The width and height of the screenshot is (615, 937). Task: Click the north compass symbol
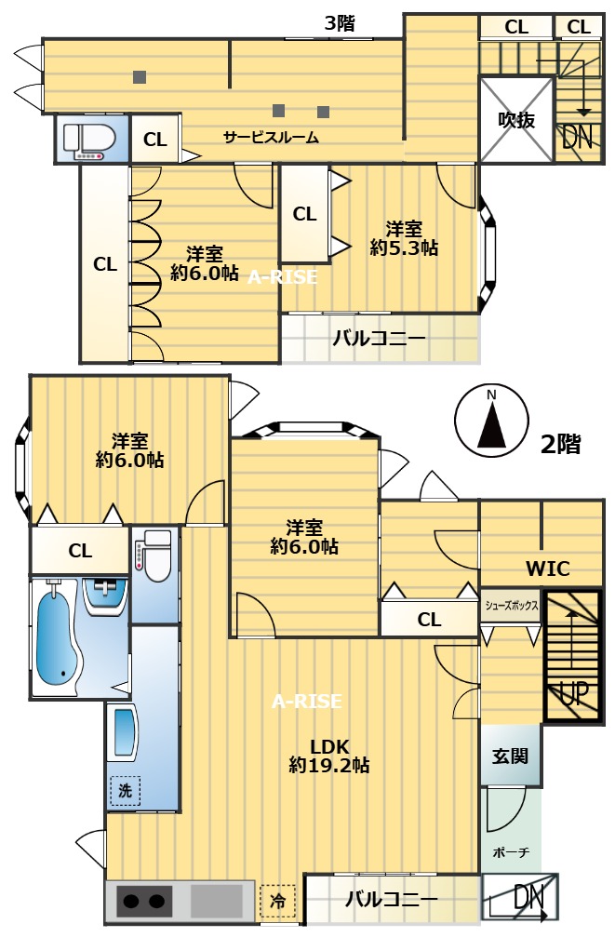tap(491, 421)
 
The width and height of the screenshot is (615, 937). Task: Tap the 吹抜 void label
tap(516, 120)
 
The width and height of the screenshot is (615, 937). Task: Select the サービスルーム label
tap(271, 138)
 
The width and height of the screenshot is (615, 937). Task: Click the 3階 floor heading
tap(340, 22)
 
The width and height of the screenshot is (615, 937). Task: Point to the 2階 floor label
tap(560, 444)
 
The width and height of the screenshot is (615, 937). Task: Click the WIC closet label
tap(547, 569)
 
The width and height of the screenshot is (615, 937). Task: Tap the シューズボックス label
tap(512, 606)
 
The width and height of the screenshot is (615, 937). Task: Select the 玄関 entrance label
tap(511, 756)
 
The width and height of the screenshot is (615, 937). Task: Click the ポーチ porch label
tap(512, 852)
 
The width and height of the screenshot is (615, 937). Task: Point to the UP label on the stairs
tap(573, 693)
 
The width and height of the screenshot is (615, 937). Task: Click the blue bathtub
tap(58, 639)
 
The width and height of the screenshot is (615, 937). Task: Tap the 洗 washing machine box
tap(125, 791)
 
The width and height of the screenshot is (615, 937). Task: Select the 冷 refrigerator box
tap(278, 901)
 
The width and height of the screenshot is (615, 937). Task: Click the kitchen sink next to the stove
tap(217, 901)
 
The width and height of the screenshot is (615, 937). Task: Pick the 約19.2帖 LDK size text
tap(328, 765)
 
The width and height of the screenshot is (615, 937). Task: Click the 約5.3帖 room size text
tap(404, 248)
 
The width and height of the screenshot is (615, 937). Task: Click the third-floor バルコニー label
tap(379, 338)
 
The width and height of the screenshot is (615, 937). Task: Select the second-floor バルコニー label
tap(392, 900)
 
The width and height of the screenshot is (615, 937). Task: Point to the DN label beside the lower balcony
tap(528, 898)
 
